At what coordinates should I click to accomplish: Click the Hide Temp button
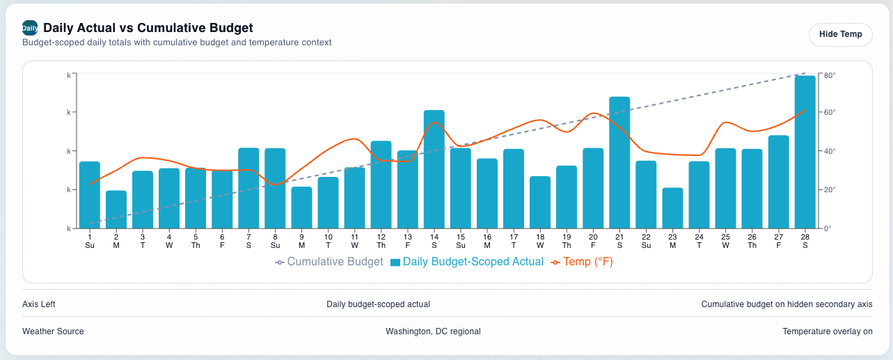840,34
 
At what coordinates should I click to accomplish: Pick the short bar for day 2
116,210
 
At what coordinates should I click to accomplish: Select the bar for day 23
672,208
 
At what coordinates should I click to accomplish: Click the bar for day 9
301,208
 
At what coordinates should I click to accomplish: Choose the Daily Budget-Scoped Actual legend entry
466,262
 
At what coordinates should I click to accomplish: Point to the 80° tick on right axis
830,74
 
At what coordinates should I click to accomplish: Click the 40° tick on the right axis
830,151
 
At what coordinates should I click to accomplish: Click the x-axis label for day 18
540,241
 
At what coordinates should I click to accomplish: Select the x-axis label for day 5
196,241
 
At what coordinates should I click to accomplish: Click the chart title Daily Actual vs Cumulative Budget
148,28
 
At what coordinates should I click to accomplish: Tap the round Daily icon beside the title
30,28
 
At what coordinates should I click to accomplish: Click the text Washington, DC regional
433,331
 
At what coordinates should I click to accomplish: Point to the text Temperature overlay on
827,331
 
